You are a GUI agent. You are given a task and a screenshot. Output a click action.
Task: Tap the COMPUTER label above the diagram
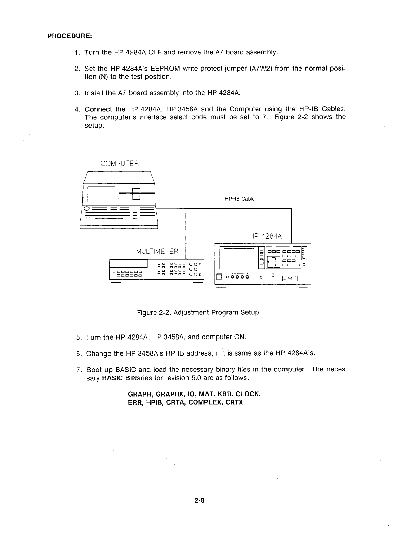point(120,164)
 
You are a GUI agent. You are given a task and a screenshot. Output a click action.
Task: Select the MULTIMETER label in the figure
point(157,251)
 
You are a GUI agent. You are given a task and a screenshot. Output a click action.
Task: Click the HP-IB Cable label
point(239,199)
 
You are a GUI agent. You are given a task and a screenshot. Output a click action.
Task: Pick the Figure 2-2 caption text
point(198,312)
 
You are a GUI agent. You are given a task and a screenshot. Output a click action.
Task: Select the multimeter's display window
point(128,263)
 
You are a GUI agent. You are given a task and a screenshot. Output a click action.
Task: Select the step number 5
point(78,337)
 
